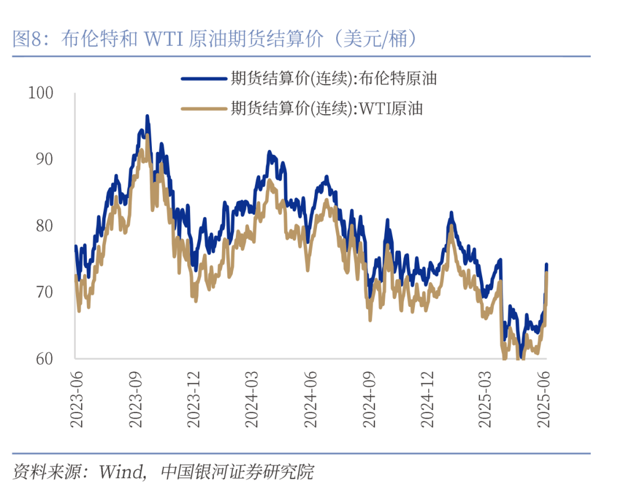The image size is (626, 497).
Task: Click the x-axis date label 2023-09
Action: click(136, 399)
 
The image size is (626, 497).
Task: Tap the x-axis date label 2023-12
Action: click(195, 399)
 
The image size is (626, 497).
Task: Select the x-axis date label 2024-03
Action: click(253, 399)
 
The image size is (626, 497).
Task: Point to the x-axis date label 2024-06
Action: click(311, 399)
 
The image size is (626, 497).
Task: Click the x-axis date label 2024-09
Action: click(370, 399)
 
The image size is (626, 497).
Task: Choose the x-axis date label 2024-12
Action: click(428, 399)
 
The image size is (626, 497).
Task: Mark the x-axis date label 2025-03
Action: click(486, 399)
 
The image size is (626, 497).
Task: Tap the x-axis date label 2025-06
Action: click(544, 399)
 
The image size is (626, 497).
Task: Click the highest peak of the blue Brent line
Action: click(147, 116)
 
